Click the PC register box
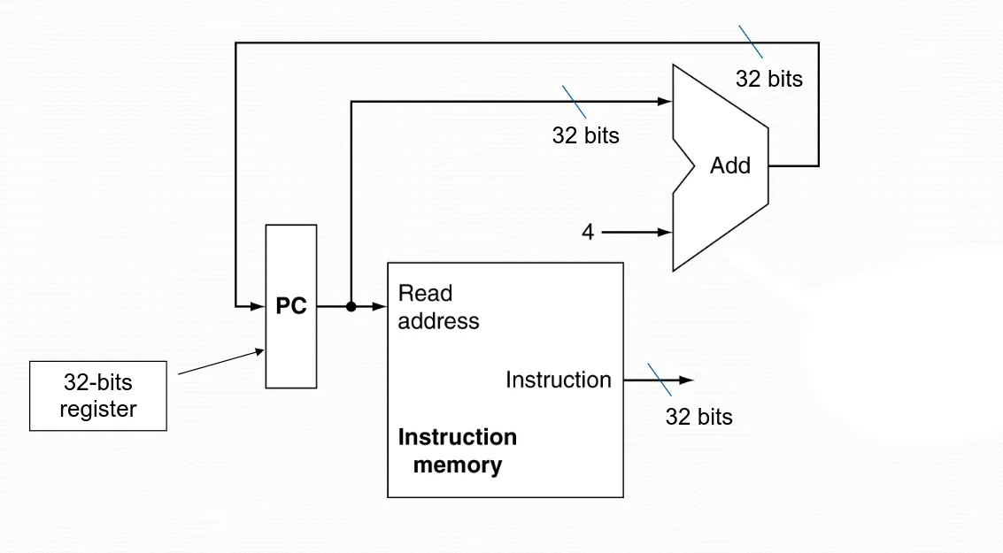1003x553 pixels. [291, 306]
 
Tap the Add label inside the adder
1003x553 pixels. [729, 165]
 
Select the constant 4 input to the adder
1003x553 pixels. [588, 233]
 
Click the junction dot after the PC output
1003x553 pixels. [351, 307]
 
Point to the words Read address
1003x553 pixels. [438, 307]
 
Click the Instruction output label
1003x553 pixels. [558, 380]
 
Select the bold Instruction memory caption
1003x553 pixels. [457, 451]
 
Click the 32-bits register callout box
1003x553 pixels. [98, 396]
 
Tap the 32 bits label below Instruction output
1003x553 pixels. [698, 417]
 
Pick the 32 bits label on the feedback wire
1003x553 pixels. [768, 79]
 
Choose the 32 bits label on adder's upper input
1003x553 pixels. [585, 135]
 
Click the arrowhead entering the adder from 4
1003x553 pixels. [666, 233]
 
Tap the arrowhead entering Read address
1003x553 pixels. [381, 307]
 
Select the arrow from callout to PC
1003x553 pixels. [221, 362]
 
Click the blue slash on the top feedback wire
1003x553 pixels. [751, 42]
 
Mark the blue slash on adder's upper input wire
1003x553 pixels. [575, 102]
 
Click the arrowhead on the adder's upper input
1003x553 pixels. [666, 102]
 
